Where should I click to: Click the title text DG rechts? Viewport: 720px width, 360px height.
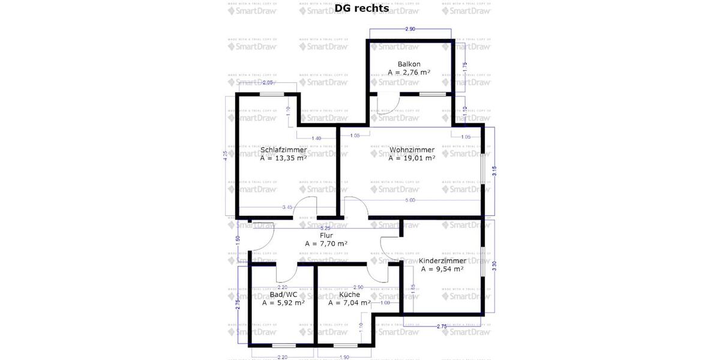click(362, 8)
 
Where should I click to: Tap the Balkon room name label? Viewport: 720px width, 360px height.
click(409, 64)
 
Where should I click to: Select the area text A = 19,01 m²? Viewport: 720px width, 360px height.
click(411, 158)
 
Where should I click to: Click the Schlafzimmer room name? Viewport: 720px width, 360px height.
click(283, 150)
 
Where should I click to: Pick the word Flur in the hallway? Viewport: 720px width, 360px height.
click(326, 236)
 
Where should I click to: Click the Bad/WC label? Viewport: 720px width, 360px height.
click(283, 295)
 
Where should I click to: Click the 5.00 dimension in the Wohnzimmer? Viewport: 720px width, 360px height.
click(410, 200)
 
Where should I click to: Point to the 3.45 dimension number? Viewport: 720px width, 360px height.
click(287, 208)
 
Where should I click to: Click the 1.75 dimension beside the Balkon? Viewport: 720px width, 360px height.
click(465, 67)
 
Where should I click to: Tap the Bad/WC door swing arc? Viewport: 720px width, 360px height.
click(287, 275)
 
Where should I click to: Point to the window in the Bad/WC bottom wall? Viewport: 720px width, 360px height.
click(283, 345)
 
